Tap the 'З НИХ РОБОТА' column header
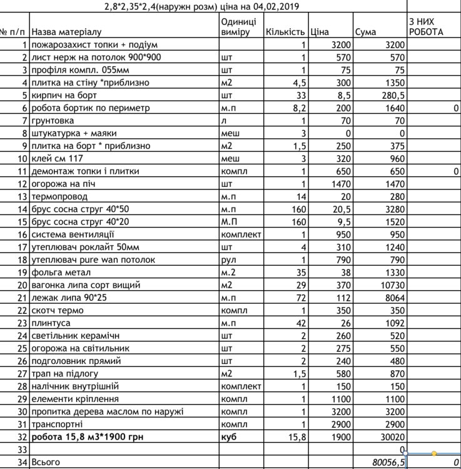[x=425, y=26]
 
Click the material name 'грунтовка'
[x=53, y=120]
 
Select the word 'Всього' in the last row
[x=44, y=462]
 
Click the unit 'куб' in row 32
[x=229, y=437]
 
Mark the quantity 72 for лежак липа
[x=298, y=298]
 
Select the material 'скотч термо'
[x=57, y=311]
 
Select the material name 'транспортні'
[x=58, y=425]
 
